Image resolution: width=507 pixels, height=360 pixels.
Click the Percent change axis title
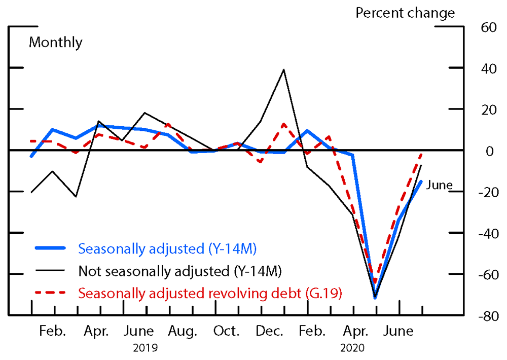pos(405,13)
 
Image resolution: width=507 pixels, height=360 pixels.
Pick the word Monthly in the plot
pos(55,42)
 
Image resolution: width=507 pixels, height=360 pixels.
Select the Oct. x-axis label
pos(226,331)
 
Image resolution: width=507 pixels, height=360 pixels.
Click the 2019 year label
pos(145,348)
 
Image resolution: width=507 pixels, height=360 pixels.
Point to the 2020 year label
pos(352,348)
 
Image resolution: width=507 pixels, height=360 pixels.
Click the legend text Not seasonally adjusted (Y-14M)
pos(180,270)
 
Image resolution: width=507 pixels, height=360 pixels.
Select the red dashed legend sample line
pos(50,293)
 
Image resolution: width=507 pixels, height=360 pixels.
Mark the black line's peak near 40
pos(283,70)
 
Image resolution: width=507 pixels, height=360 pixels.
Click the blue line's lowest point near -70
pos(375,298)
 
